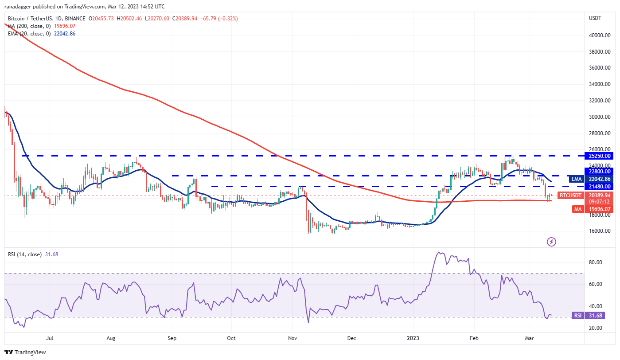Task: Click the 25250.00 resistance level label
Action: point(600,156)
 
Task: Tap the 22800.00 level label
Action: point(600,171)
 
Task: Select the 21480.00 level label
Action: point(600,187)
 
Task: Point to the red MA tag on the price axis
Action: point(577,209)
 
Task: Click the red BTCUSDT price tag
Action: point(570,195)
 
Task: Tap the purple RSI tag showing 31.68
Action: point(577,316)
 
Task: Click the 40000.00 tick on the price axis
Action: point(599,35)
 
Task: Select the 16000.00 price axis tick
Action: point(599,231)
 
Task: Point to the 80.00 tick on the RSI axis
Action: point(596,262)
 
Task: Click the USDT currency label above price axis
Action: point(595,19)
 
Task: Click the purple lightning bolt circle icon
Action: point(551,242)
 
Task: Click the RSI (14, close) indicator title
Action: point(25,254)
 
